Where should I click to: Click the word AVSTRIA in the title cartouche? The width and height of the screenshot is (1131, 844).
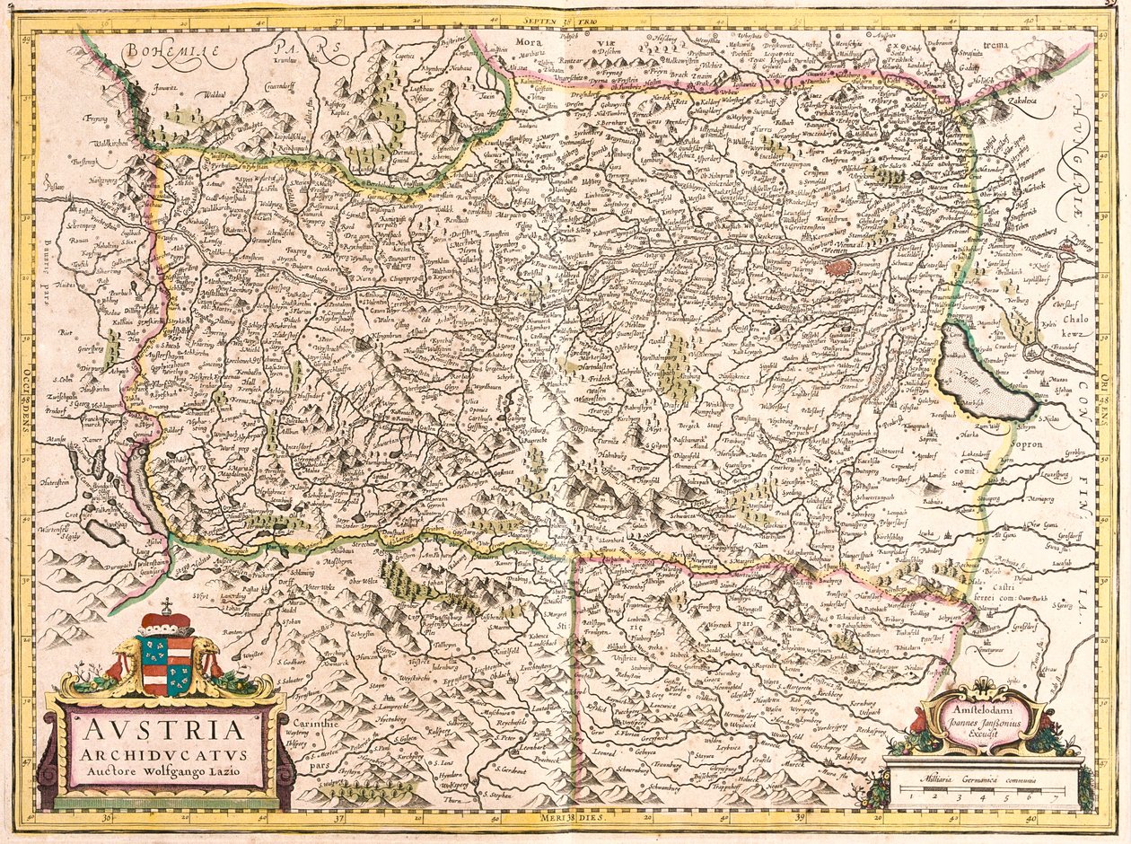pos(163,725)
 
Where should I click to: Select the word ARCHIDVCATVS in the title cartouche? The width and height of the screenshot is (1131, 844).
pos(163,751)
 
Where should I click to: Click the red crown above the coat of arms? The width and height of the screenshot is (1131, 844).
pos(167,621)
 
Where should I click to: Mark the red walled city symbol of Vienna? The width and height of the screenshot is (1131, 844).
pos(839,267)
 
